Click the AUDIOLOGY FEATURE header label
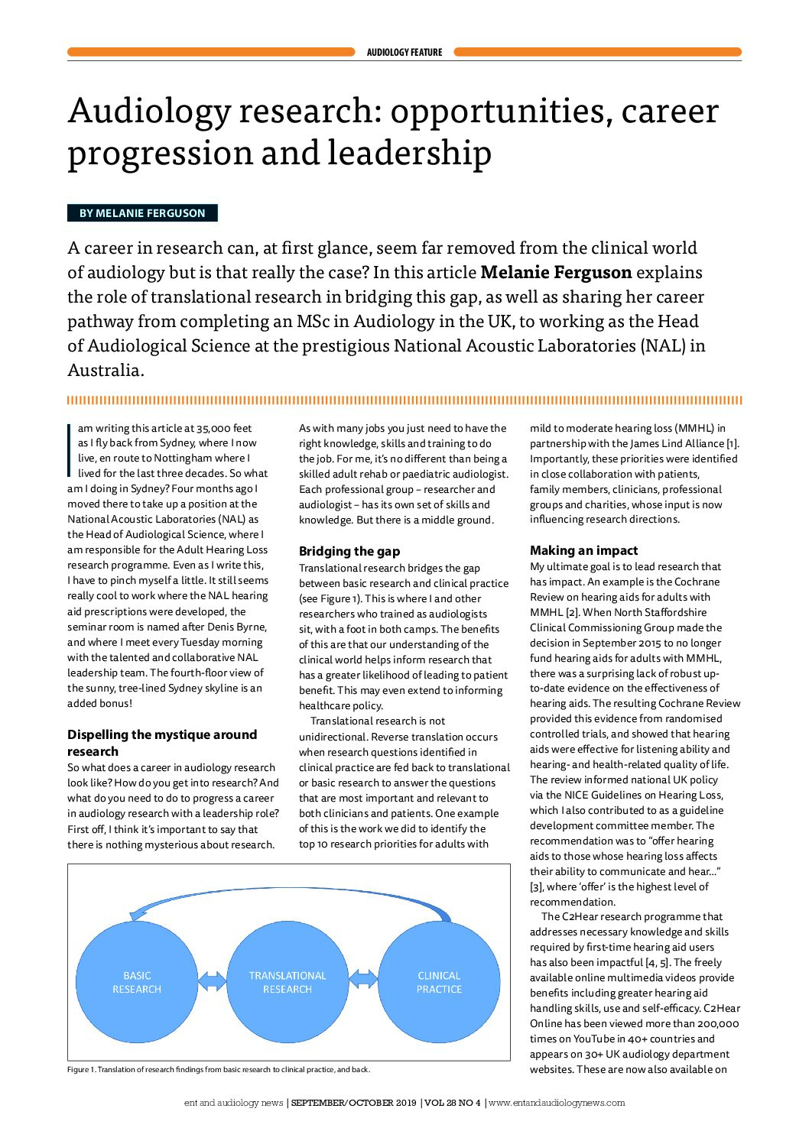(404, 53)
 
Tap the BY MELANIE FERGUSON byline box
(142, 213)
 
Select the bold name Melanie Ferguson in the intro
(556, 272)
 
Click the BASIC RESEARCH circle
(137, 982)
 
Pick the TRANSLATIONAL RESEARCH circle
(288, 982)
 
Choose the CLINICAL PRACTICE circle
(439, 982)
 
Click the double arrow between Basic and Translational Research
(212, 980)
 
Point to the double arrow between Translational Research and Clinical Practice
(363, 979)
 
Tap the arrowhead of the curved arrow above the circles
(137, 914)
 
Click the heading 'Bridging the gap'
(349, 551)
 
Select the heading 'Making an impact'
(583, 550)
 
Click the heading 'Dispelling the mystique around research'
(162, 743)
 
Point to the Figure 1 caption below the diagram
(219, 1069)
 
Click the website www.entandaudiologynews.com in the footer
(557, 1103)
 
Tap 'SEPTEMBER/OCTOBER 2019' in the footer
(353, 1103)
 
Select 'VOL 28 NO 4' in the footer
(453, 1103)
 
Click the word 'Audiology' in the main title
(150, 111)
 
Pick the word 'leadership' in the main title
(410, 152)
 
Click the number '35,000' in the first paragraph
(215, 428)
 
